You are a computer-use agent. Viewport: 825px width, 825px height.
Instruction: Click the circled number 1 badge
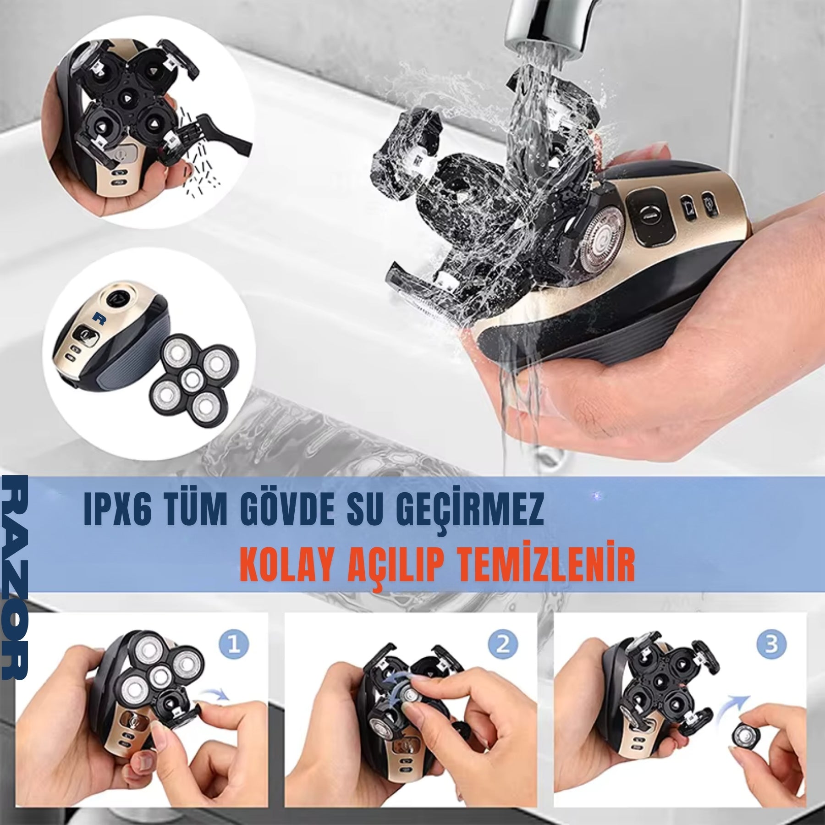pos(234,646)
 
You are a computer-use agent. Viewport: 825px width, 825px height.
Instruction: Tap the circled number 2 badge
pos(503,646)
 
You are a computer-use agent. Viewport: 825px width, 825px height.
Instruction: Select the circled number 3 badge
pos(772,645)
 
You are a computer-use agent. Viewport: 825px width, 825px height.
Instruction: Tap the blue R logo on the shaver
pos(97,318)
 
